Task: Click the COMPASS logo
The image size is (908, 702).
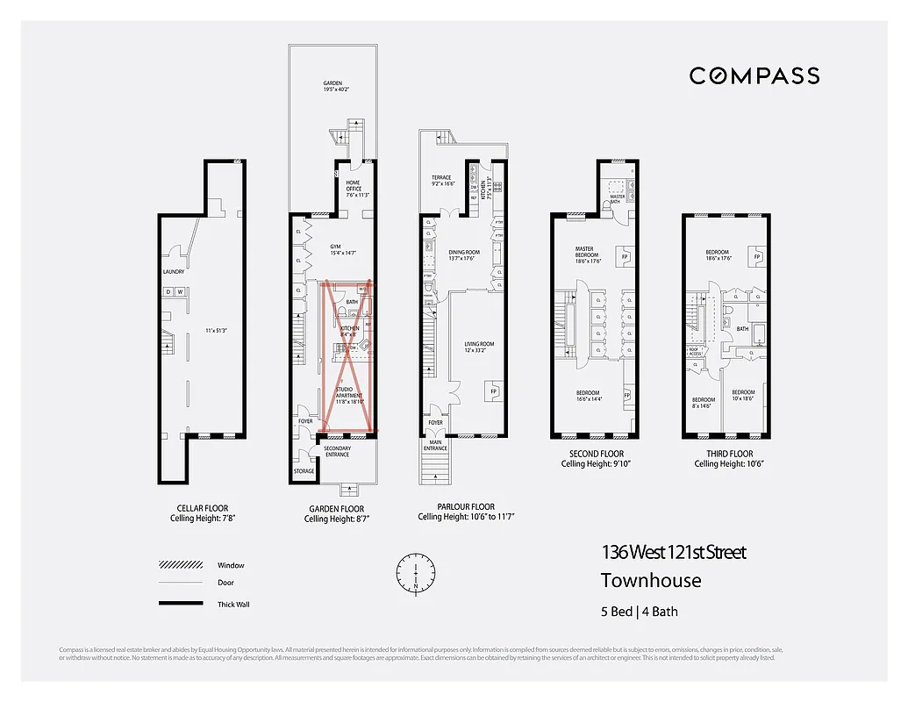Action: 754,76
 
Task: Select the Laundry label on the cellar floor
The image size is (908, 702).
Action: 173,272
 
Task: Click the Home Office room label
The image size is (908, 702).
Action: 353,186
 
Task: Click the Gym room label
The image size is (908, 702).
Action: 334,249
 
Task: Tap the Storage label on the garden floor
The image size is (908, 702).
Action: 304,471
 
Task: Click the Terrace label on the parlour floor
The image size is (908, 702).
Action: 440,181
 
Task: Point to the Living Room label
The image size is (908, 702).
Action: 479,347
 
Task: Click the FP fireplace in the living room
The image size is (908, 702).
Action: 494,390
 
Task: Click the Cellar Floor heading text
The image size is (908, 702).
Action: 203,507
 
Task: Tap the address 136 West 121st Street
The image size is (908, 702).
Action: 673,553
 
